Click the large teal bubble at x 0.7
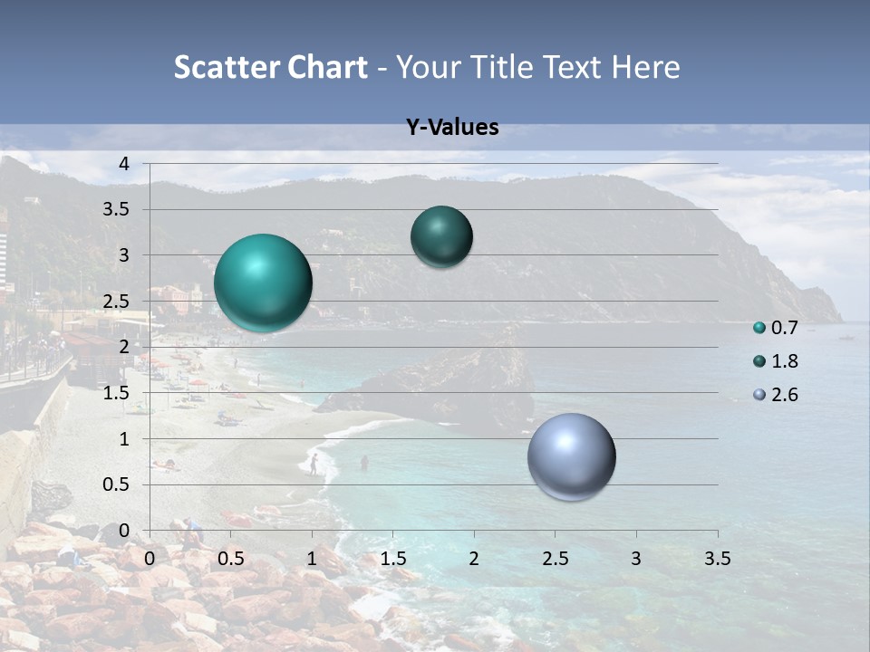click(x=263, y=283)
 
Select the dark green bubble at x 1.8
click(x=441, y=236)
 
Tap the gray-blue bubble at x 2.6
click(x=571, y=456)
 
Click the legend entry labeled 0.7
click(x=775, y=328)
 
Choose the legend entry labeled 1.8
click(x=775, y=361)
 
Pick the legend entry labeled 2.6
click(x=775, y=395)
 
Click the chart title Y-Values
click(x=452, y=128)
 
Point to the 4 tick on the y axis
click(x=124, y=164)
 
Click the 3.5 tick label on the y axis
click(x=116, y=209)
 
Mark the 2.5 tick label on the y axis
click(x=116, y=302)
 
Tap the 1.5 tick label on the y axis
click(x=116, y=393)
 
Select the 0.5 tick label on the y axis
click(x=116, y=484)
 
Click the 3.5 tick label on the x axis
click(x=717, y=558)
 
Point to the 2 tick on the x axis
click(x=474, y=558)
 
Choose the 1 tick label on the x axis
click(x=312, y=558)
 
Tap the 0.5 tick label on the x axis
click(x=231, y=558)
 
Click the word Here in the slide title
click(x=645, y=67)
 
